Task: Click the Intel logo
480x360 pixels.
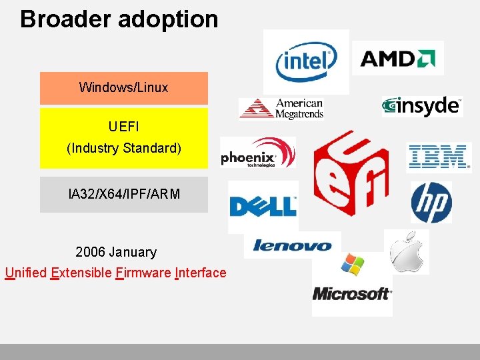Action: coord(306,61)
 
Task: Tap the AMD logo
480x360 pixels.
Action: coord(397,58)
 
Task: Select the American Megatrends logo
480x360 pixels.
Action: coord(282,109)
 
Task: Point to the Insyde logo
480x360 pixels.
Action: coord(422,105)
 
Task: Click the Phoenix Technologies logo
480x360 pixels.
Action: coord(257,155)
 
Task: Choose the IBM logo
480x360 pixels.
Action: coord(438,157)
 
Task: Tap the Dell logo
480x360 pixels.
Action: coord(263,206)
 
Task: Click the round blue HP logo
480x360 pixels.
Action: coord(431,202)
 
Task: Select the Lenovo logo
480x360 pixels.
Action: coord(292,245)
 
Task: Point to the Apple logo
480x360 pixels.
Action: coord(406,251)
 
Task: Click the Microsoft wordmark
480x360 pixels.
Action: coord(351,293)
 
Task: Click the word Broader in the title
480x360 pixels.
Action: coord(66,19)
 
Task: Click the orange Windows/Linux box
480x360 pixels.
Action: coord(123,87)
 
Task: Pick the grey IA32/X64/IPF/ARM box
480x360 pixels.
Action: coord(123,195)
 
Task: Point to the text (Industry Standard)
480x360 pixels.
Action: coord(123,148)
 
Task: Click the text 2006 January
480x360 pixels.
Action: coord(116,252)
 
